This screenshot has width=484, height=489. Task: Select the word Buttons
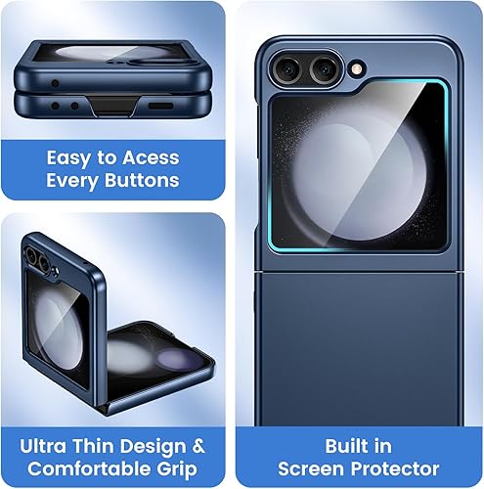click(146, 180)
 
